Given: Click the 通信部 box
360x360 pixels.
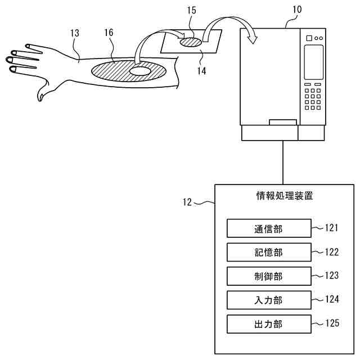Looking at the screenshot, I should pyautogui.click(x=268, y=228).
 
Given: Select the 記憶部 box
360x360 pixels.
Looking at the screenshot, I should pyautogui.click(x=268, y=253).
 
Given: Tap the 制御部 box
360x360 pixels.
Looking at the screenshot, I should pyautogui.click(x=268, y=276).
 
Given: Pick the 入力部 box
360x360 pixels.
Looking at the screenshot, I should pyautogui.click(x=268, y=300).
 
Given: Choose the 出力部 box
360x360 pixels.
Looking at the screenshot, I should pyautogui.click(x=268, y=324).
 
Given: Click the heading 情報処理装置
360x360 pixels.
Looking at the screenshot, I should pyautogui.click(x=285, y=196).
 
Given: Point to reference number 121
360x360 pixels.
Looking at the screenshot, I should pyautogui.click(x=332, y=228).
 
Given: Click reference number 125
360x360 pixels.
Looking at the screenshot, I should pyautogui.click(x=332, y=323).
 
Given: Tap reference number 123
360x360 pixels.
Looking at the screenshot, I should pyautogui.click(x=332, y=276).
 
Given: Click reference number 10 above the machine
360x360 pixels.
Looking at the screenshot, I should pyautogui.click(x=296, y=10).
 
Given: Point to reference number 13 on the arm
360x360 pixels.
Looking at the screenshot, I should pyautogui.click(x=75, y=33).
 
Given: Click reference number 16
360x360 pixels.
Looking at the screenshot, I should pyautogui.click(x=109, y=33).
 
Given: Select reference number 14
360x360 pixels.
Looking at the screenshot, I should pyautogui.click(x=201, y=71).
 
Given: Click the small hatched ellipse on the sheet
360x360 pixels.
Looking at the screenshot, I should pyautogui.click(x=190, y=42).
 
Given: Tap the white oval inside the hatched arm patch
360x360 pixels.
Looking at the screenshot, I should pyautogui.click(x=140, y=71).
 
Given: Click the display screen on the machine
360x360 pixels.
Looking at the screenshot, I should pyautogui.click(x=313, y=61).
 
